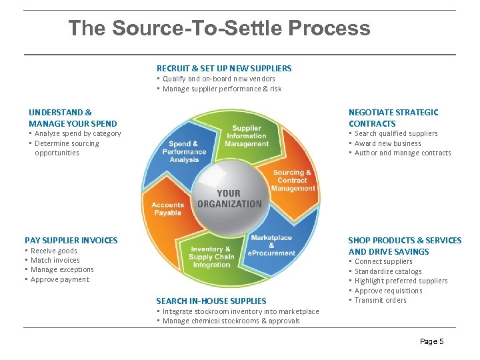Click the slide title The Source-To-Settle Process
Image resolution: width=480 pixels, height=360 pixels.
tap(219, 28)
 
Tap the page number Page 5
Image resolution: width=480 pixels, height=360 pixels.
tap(431, 341)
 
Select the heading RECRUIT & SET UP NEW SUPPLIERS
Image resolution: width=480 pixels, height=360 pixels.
tap(224, 68)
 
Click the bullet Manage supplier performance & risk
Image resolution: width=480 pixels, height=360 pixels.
tap(222, 89)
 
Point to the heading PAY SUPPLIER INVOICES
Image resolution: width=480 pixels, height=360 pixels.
tap(71, 240)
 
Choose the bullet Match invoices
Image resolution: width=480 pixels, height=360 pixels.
tap(55, 260)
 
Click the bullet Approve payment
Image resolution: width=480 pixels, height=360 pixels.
tap(60, 279)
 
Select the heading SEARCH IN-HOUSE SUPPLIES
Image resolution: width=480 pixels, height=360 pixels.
tap(211, 301)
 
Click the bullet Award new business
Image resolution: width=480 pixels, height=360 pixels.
tap(388, 143)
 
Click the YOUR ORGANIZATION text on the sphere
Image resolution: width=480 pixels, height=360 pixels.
tap(229, 199)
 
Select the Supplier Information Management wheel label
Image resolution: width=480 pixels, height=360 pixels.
tap(247, 136)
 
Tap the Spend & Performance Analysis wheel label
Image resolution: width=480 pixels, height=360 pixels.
tap(184, 151)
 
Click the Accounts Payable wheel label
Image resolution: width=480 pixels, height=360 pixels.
tap(167, 209)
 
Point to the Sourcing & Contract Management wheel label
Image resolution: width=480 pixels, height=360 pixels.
tap(293, 181)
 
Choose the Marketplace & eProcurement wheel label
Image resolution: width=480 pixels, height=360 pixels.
tap(271, 245)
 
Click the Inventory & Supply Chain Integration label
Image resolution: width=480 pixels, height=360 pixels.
tap(211, 257)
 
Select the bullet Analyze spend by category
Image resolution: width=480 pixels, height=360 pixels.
tap(78, 133)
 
